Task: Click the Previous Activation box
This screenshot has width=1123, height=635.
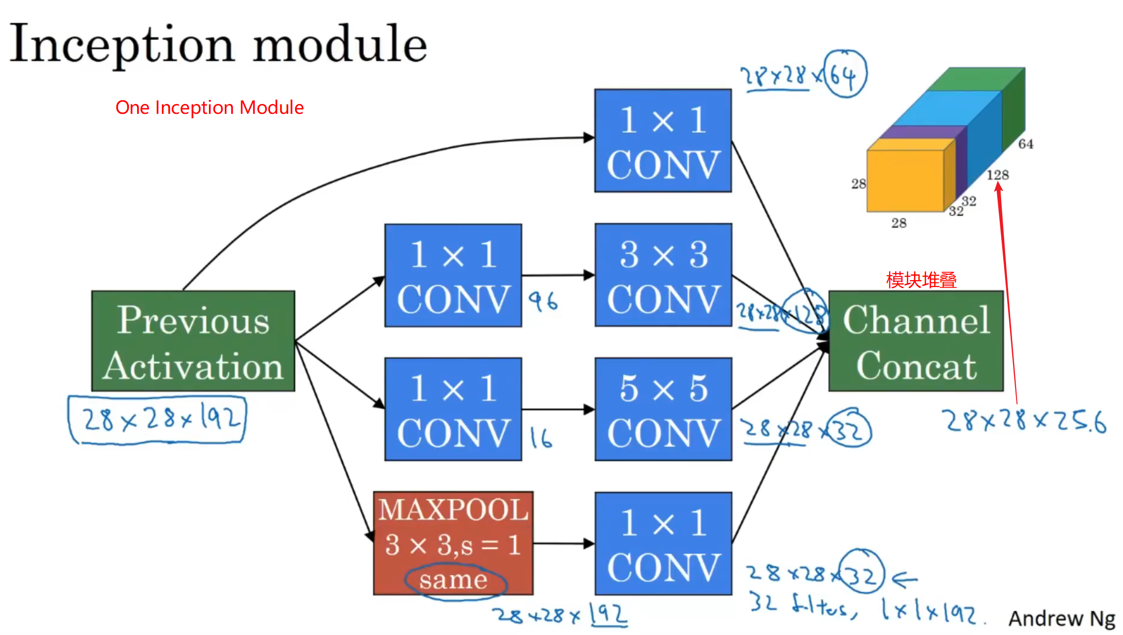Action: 193,341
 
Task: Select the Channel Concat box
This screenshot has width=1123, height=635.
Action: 916,341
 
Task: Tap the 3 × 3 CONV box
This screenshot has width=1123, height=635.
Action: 663,275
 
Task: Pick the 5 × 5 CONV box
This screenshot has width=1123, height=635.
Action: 663,409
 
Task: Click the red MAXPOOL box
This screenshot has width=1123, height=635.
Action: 453,543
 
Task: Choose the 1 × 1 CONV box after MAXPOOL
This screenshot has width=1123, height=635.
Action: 663,543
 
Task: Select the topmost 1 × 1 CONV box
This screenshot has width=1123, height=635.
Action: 663,141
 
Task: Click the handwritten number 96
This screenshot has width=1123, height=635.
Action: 543,301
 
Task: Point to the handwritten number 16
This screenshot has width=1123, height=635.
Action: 541,438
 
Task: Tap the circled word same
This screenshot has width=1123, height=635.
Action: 454,580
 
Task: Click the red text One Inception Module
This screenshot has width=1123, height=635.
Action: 209,107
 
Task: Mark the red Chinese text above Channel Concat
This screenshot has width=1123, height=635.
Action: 921,280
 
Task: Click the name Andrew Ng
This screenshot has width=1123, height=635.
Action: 1062,618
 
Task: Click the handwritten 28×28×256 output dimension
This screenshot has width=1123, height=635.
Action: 1025,422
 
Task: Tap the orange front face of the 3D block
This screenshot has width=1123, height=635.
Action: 905,181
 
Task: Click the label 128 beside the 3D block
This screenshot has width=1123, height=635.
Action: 997,175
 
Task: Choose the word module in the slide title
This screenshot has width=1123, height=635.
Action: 340,45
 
